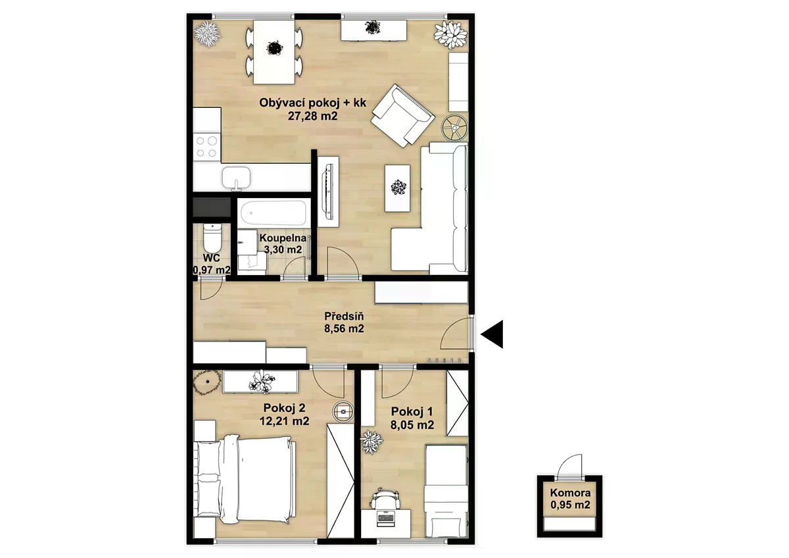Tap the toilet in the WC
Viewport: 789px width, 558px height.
click(x=212, y=236)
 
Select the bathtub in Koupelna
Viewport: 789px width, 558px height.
click(x=273, y=213)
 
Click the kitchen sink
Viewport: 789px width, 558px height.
click(x=236, y=178)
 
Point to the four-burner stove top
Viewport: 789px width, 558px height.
click(x=206, y=147)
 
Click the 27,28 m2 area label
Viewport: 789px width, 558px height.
click(x=312, y=116)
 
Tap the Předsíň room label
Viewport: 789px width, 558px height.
click(x=344, y=315)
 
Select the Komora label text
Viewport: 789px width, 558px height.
click(x=570, y=492)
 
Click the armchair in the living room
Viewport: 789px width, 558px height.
click(x=402, y=116)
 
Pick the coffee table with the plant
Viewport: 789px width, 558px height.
click(x=398, y=188)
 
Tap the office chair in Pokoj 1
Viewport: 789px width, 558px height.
click(x=386, y=499)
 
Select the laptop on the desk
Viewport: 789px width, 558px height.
click(x=386, y=518)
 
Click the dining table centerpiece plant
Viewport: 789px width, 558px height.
click(x=274, y=48)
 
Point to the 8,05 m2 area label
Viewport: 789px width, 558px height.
click(x=412, y=425)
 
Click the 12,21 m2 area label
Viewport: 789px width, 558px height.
click(x=284, y=421)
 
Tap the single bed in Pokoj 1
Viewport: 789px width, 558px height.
click(x=446, y=496)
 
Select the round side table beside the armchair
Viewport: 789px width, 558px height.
click(x=455, y=128)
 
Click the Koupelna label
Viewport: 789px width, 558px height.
click(x=283, y=238)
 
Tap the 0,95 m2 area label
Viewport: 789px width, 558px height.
click(x=570, y=505)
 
